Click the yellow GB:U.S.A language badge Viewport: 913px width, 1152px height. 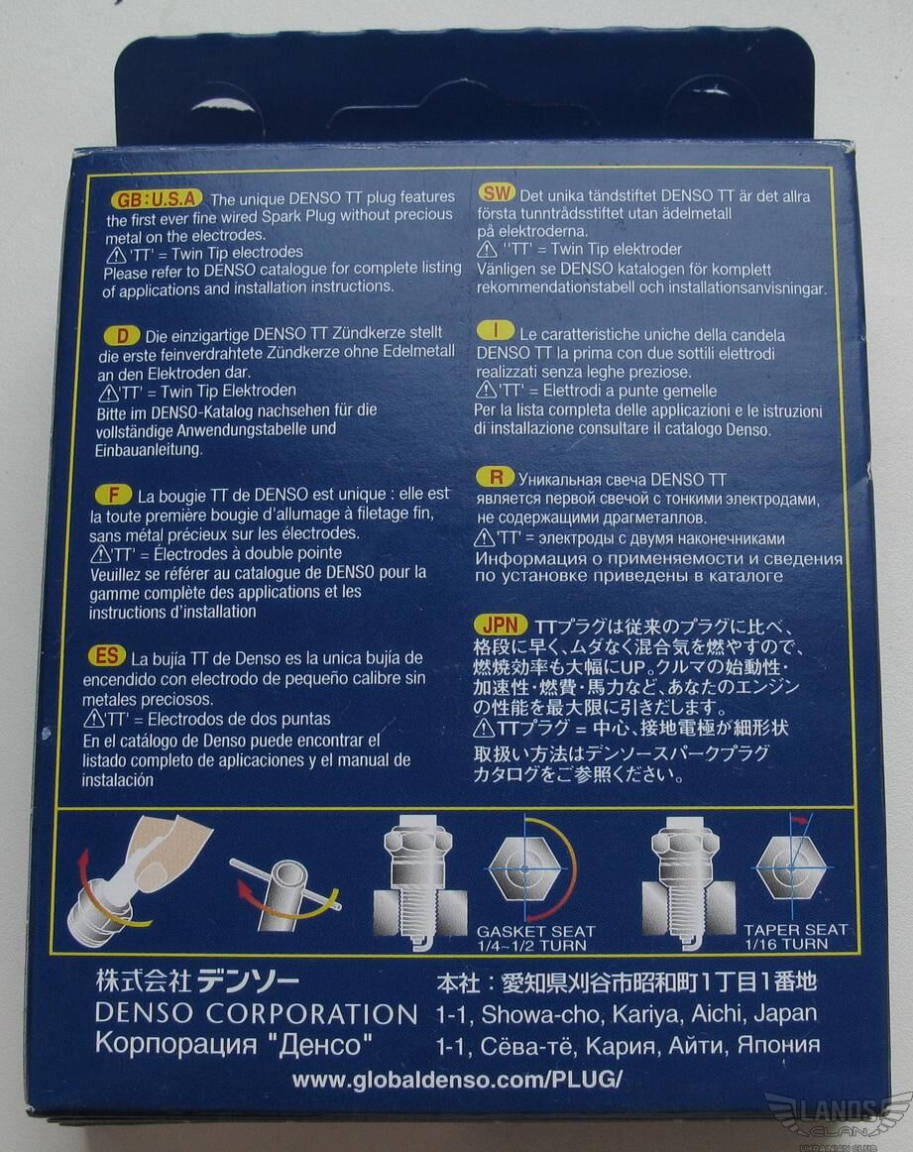tap(157, 199)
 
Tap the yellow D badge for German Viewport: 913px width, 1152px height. tap(123, 336)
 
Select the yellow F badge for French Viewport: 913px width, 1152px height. tap(113, 495)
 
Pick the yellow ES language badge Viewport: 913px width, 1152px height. tap(107, 655)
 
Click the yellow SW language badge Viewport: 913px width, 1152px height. tap(497, 193)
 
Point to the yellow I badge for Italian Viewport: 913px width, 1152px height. tap(495, 330)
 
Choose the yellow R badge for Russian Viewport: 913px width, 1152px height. tap(495, 477)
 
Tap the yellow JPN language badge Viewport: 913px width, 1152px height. tap(501, 625)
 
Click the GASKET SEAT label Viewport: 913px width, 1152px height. tap(535, 931)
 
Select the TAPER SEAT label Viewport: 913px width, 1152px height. tap(795, 930)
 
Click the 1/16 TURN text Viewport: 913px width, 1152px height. tap(786, 944)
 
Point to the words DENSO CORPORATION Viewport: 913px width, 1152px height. tap(257, 1014)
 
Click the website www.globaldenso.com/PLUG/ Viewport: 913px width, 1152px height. tap(457, 1080)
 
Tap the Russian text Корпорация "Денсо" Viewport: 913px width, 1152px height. tap(234, 1044)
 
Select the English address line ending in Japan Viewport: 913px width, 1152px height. tap(626, 1014)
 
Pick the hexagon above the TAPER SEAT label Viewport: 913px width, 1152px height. tap(791, 867)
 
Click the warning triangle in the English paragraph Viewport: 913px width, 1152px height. tap(116, 255)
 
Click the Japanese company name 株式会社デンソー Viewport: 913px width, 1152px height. tap(197, 980)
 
